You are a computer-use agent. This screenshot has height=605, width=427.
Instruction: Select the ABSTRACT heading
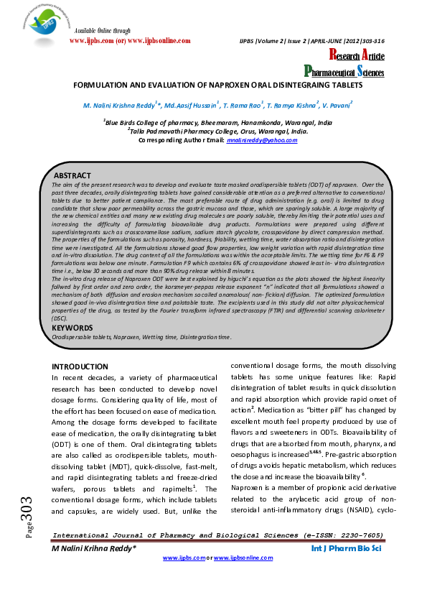(72, 176)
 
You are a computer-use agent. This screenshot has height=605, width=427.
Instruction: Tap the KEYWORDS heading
(72, 328)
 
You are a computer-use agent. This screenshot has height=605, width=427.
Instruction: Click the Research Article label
(357, 56)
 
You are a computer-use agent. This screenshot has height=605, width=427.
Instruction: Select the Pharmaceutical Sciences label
(344, 71)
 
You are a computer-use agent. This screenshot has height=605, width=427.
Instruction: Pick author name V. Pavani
(337, 105)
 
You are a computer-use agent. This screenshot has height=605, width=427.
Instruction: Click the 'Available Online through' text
(103, 32)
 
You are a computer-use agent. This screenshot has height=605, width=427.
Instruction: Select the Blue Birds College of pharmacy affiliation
(217, 123)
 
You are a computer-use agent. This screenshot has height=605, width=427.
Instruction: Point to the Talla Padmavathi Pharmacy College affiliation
(217, 132)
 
